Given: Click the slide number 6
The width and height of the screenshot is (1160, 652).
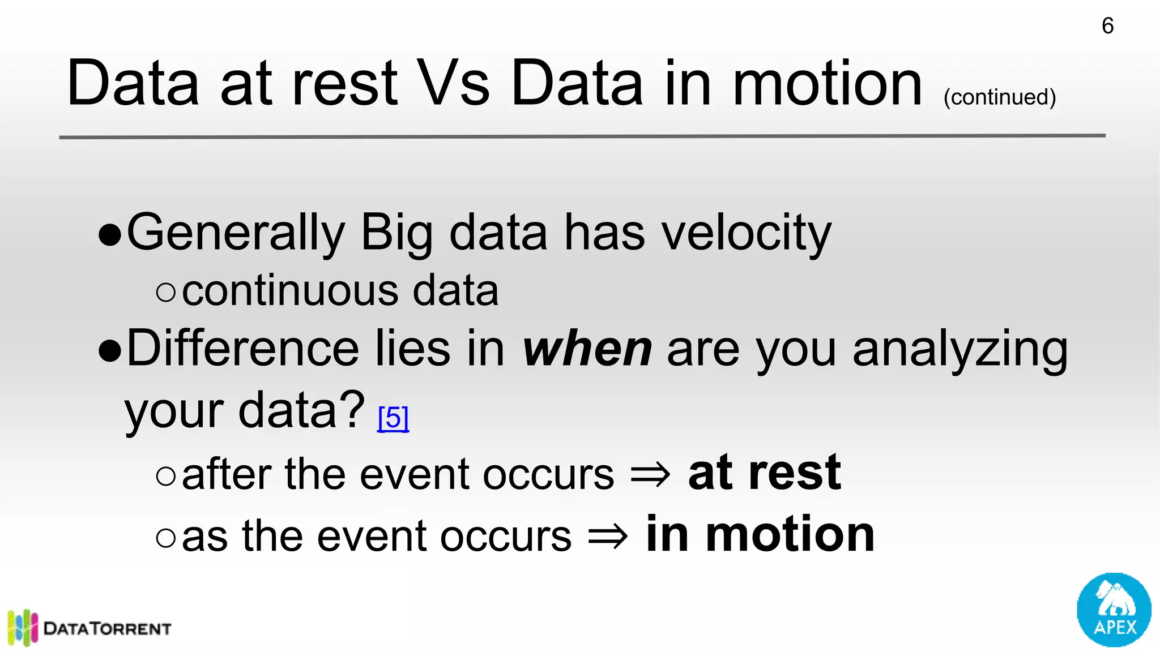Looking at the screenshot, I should click(x=1107, y=26).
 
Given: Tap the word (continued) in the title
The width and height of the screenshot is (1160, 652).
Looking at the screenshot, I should click(x=1000, y=97).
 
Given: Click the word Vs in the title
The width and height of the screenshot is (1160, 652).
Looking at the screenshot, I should click(x=453, y=84).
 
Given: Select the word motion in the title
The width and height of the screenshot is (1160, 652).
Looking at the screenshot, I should click(x=828, y=84).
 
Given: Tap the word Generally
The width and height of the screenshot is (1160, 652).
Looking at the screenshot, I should click(x=236, y=233).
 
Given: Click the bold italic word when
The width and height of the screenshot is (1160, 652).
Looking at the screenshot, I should click(x=587, y=349).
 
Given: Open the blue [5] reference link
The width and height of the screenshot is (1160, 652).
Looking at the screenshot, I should click(x=393, y=418).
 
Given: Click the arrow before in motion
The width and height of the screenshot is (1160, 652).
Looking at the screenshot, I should click(x=608, y=536).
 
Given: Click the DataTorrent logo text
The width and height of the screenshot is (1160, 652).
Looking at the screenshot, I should click(x=107, y=628).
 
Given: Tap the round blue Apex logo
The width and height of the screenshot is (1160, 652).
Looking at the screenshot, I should click(x=1114, y=610).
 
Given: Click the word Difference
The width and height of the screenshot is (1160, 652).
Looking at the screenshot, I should click(x=242, y=349).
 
